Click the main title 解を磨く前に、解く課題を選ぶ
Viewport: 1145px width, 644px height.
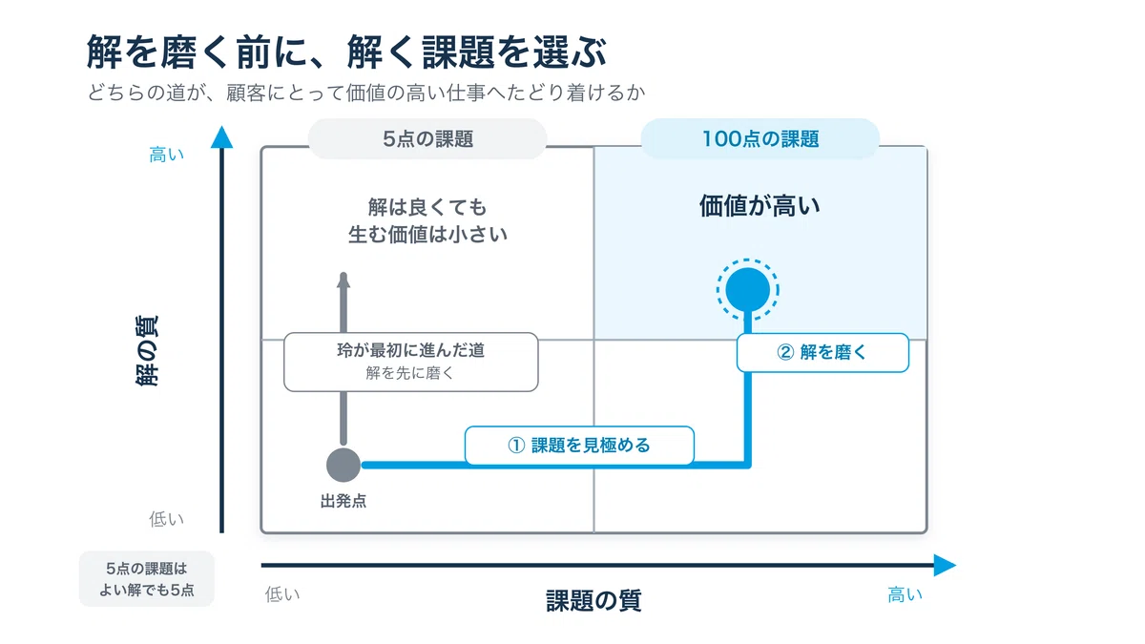[346, 52]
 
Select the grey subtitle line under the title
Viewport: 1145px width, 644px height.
[366, 93]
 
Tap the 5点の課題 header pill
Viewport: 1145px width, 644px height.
[427, 138]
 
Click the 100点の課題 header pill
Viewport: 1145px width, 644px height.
[760, 138]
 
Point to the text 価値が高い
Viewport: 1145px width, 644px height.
[760, 205]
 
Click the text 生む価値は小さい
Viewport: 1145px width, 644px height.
[427, 235]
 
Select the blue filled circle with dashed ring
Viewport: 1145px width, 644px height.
[747, 290]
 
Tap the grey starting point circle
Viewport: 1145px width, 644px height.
[343, 466]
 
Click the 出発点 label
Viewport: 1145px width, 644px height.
[343, 501]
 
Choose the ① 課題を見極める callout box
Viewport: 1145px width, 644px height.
[579, 446]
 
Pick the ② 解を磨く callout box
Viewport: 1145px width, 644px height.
[822, 353]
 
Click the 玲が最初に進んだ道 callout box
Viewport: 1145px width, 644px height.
[411, 362]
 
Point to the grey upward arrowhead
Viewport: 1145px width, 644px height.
[343, 280]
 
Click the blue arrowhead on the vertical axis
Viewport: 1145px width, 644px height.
[221, 137]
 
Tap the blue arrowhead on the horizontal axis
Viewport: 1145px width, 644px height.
[945, 565]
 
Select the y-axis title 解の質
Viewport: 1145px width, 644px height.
[147, 351]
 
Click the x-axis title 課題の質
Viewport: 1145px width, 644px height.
[593, 600]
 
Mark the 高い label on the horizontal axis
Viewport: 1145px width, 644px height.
[905, 595]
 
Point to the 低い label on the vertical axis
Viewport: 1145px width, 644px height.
[166, 519]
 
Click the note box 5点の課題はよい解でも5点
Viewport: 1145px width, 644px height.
[147, 579]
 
